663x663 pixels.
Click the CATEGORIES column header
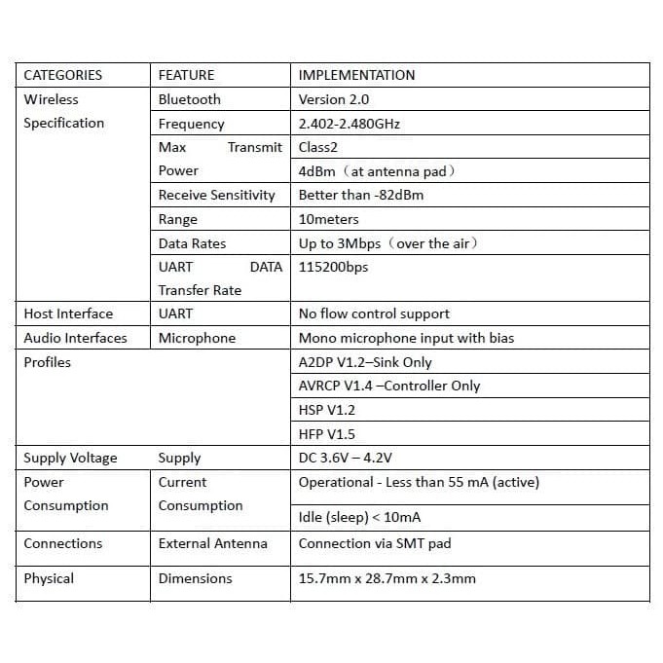click(x=62, y=75)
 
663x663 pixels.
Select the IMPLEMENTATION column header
click(x=356, y=75)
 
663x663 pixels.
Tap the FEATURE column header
click(x=186, y=75)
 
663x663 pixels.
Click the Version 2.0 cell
click(x=334, y=99)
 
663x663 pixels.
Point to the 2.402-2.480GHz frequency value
click(x=350, y=124)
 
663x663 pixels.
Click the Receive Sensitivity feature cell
click(x=217, y=195)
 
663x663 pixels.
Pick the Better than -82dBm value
click(x=361, y=195)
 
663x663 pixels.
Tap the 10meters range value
click(x=329, y=219)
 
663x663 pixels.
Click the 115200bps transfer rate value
click(x=334, y=267)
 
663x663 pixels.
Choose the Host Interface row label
click(x=68, y=313)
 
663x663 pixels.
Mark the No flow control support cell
click(x=374, y=313)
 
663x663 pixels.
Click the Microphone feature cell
click(x=197, y=338)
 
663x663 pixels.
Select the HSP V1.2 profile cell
click(x=327, y=410)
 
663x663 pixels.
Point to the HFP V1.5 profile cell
click(x=327, y=434)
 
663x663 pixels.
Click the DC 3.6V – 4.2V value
click(x=346, y=458)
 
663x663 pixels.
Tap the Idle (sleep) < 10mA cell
click(x=360, y=517)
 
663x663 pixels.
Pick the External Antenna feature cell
click(x=212, y=543)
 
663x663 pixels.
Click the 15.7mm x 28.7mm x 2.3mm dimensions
click(x=387, y=578)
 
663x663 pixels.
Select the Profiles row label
click(x=48, y=362)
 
